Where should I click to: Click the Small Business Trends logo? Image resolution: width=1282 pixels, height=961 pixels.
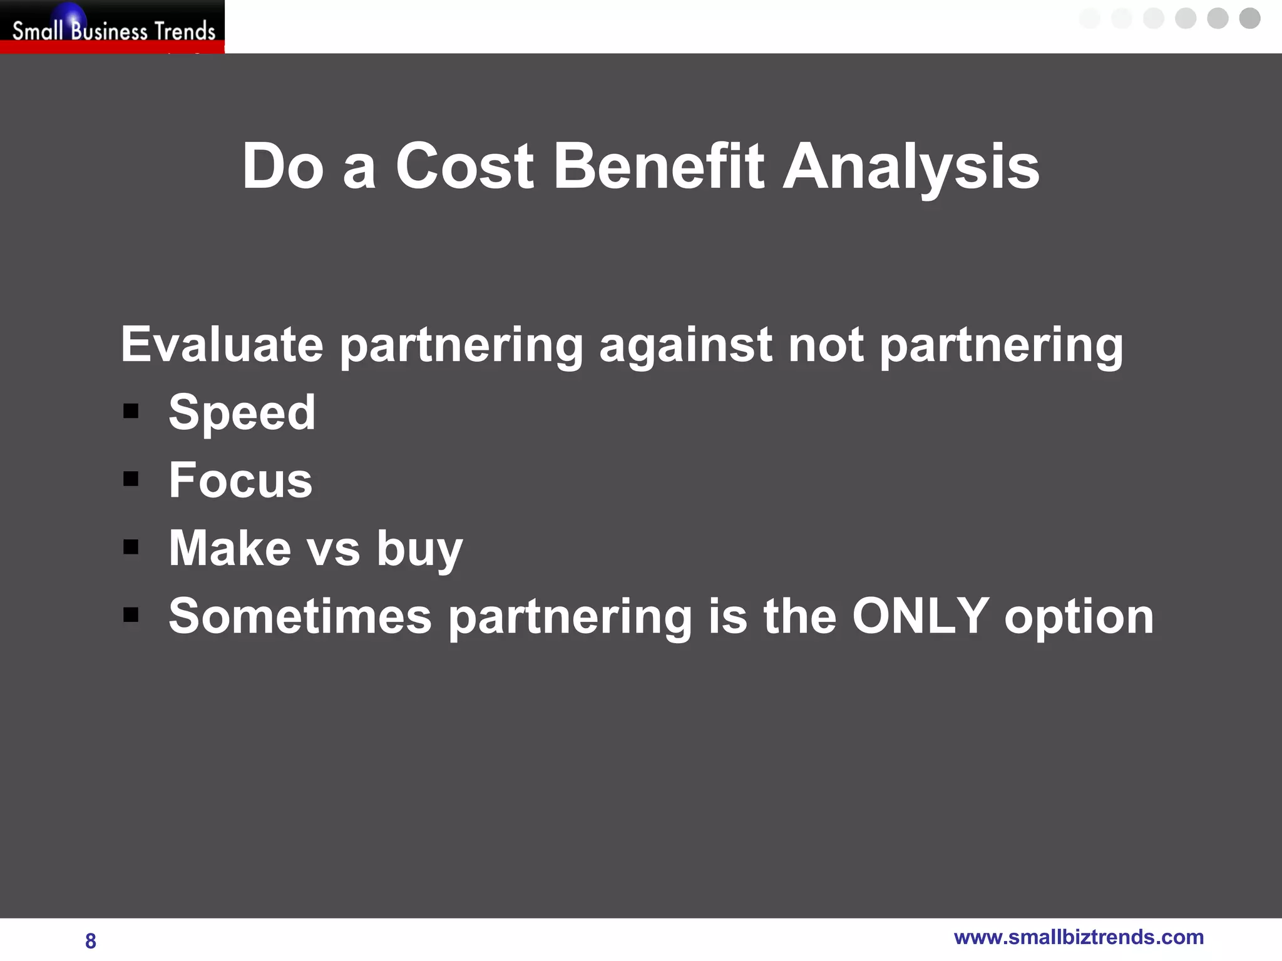[x=113, y=28]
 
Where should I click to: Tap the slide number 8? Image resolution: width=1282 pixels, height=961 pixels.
[x=91, y=940]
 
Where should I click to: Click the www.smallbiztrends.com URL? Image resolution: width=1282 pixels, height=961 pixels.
[x=1079, y=937]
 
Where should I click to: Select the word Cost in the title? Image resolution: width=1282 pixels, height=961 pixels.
[x=464, y=166]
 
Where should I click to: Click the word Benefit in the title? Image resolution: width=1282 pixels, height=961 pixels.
[x=659, y=166]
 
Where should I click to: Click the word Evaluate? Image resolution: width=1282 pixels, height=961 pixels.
[x=222, y=344]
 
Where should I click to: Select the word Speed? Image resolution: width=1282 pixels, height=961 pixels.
[x=242, y=414]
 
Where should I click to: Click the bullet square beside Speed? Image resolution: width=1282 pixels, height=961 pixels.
[x=131, y=411]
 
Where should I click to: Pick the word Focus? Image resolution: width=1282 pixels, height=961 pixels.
[x=240, y=480]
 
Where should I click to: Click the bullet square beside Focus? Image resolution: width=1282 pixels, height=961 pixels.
[x=131, y=479]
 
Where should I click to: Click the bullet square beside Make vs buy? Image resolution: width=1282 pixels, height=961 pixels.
[x=131, y=547]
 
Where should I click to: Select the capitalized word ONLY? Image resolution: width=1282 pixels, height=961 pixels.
[x=920, y=616]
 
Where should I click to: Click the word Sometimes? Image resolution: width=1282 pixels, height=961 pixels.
[x=300, y=616]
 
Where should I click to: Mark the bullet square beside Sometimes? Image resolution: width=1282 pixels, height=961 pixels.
[x=131, y=615]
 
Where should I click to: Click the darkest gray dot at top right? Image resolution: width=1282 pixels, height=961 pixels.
[x=1249, y=18]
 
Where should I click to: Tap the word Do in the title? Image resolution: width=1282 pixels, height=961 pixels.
[x=283, y=166]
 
